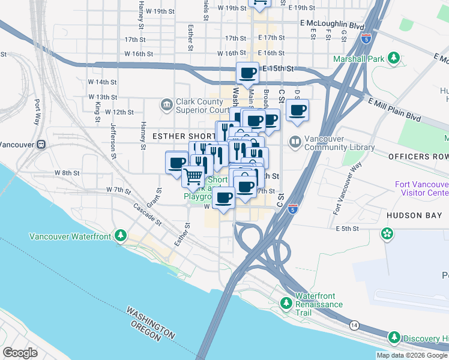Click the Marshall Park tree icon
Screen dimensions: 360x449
394,58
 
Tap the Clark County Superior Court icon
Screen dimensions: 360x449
166,106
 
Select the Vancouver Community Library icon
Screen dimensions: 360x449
295,143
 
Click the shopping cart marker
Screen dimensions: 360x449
193,176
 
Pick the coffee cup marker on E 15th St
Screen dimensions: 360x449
247,74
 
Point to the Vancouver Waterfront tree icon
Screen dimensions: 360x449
121,235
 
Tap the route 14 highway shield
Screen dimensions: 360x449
354,325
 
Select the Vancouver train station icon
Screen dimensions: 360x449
41,145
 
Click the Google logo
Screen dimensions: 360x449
20,352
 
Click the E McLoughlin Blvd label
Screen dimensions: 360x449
333,26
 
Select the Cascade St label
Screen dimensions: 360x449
148,214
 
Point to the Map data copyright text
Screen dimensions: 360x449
411,355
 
